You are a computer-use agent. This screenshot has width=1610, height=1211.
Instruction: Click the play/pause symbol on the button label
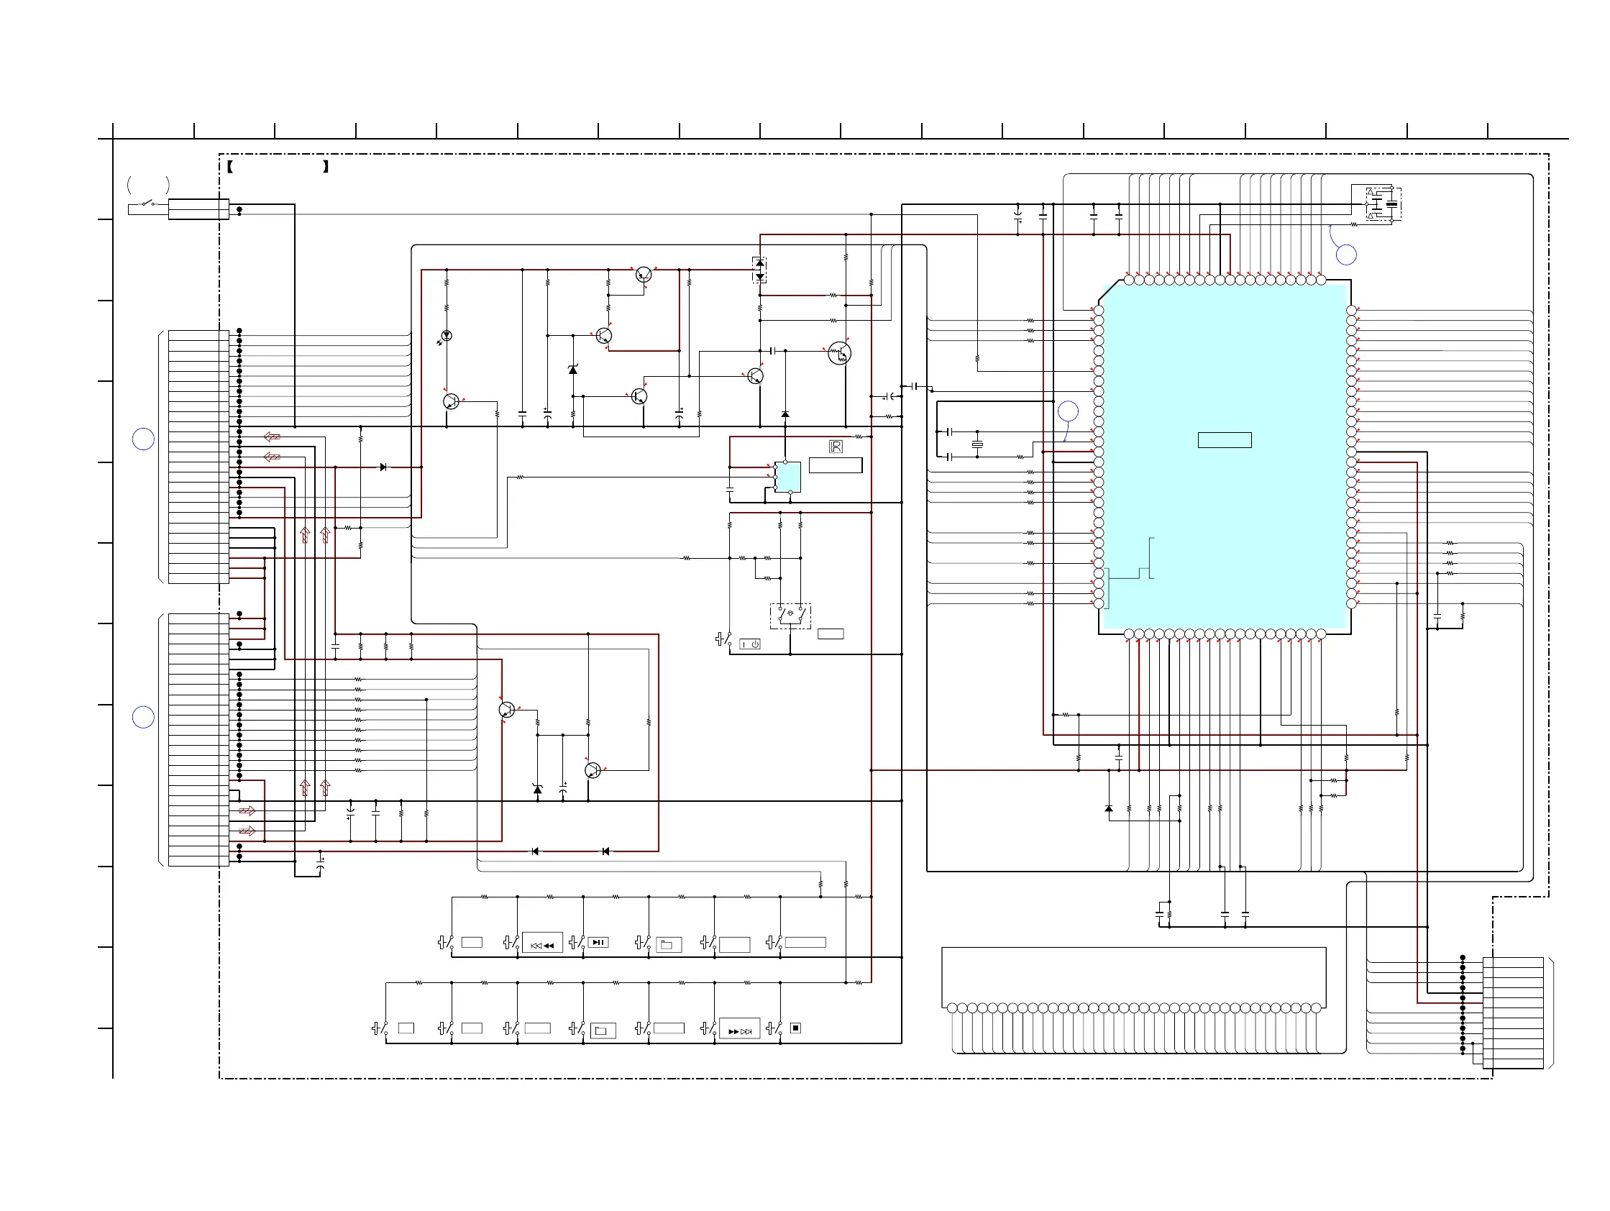pyautogui.click(x=598, y=943)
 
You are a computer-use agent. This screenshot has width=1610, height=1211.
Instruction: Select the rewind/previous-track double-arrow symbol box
pyautogui.click(x=542, y=945)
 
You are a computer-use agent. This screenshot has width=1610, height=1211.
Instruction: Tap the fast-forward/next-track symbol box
pyautogui.click(x=739, y=1030)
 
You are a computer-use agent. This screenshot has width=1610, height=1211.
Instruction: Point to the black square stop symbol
pyautogui.click(x=795, y=1028)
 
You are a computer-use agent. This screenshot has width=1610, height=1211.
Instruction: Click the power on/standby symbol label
pyautogui.click(x=750, y=644)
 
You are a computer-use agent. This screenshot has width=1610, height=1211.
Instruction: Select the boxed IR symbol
pyautogui.click(x=836, y=447)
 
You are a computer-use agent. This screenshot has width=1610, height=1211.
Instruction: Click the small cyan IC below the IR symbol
pyautogui.click(x=787, y=477)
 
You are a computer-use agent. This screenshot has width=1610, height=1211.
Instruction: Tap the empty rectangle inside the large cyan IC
pyautogui.click(x=1225, y=439)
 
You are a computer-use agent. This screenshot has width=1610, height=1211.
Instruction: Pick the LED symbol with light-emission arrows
pyautogui.click(x=445, y=337)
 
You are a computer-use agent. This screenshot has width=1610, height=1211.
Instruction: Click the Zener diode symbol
pyautogui.click(x=573, y=370)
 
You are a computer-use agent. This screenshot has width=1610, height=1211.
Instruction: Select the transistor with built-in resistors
pyautogui.click(x=839, y=353)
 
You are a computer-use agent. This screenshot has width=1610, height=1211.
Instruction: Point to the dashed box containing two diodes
pyautogui.click(x=759, y=270)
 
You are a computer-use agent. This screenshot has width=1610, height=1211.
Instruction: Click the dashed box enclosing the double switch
pyautogui.click(x=790, y=616)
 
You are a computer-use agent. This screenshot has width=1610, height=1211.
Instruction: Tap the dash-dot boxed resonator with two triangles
pyautogui.click(x=1383, y=204)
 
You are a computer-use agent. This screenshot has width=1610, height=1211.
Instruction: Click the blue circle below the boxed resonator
pyautogui.click(x=1346, y=255)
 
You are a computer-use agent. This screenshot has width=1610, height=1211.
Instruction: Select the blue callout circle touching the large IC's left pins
pyautogui.click(x=1068, y=411)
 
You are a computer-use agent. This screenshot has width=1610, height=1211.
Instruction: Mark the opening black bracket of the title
pyautogui.click(x=229, y=167)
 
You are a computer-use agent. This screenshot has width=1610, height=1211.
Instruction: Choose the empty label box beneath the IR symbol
pyautogui.click(x=836, y=465)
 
